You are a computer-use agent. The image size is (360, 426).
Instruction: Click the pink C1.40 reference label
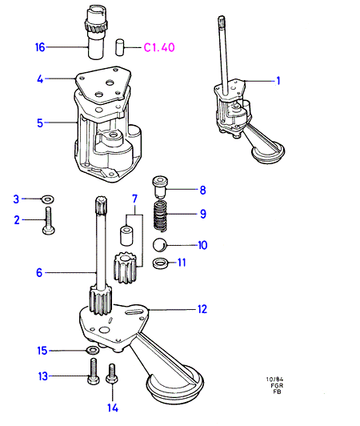159,47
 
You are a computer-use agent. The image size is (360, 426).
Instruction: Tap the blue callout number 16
40,47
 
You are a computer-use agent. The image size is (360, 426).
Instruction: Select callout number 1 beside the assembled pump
278,81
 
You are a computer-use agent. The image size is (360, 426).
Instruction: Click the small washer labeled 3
48,199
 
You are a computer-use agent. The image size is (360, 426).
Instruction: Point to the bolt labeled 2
49,221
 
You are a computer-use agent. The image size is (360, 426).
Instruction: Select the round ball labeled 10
160,245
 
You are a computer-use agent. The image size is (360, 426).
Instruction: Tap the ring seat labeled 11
160,263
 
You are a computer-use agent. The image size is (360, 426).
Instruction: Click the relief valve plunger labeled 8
160,187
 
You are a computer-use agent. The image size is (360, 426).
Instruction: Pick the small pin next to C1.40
119,47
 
